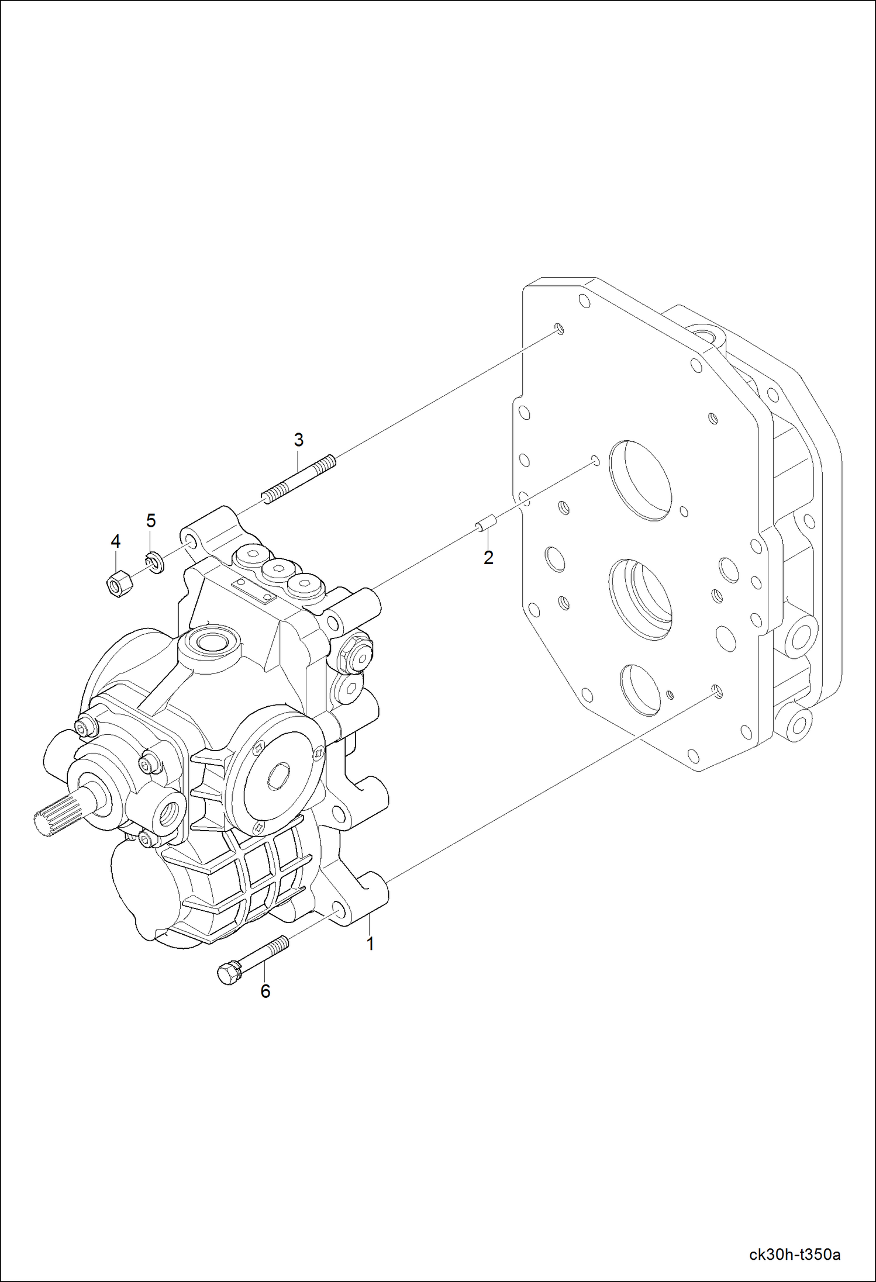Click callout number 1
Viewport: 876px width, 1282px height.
click(x=370, y=944)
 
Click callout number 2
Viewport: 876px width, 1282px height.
click(x=488, y=558)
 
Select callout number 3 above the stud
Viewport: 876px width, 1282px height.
click(x=298, y=440)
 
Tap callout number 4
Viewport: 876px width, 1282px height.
click(x=115, y=541)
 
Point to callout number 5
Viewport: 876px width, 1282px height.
click(x=151, y=520)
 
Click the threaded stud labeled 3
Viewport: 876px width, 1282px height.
click(x=298, y=479)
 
